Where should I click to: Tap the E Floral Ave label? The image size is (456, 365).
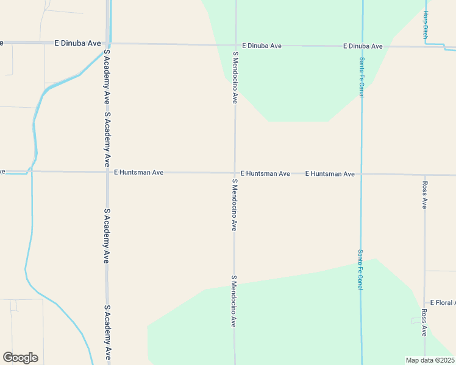pos(443,302)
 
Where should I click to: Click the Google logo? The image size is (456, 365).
pos(20,358)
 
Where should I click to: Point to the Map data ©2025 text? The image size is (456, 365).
pos(430,360)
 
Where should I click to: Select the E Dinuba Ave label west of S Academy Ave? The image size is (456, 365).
pos(77,43)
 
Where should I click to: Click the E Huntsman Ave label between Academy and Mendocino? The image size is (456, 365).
pos(138,172)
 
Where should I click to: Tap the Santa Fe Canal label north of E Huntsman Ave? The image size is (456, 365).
pos(362,77)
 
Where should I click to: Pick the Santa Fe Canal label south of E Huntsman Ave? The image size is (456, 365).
pos(360,269)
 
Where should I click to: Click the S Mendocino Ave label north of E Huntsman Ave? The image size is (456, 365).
pos(235,77)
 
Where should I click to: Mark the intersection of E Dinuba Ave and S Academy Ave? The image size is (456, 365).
pos(108,43)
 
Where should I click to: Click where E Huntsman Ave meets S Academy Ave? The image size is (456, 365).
pos(107,172)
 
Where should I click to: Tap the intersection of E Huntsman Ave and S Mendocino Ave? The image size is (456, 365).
pos(235,173)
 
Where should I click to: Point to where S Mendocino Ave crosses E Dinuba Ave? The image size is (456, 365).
pos(236,44)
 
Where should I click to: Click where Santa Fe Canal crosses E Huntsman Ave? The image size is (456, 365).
pos(361,174)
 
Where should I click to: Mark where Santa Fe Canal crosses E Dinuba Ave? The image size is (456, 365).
pos(362,46)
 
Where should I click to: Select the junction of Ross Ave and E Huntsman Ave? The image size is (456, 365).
pos(425,175)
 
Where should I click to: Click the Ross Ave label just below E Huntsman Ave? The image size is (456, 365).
pos(425,195)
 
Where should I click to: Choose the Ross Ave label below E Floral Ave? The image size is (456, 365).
pos(424,322)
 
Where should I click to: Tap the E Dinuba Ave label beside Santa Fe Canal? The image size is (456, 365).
pos(363,46)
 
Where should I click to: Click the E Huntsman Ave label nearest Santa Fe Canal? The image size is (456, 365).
pos(330,174)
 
